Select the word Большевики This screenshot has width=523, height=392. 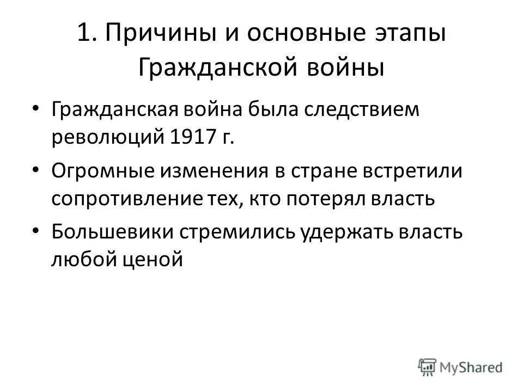(x=111, y=231)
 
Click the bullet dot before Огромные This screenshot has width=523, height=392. (x=36, y=170)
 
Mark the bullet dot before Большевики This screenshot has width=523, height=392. (x=36, y=231)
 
